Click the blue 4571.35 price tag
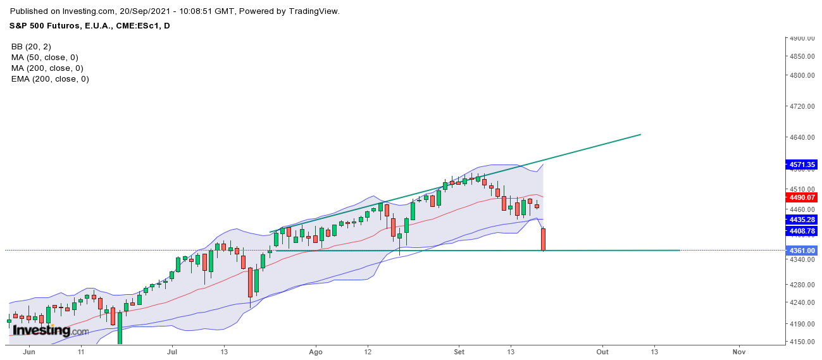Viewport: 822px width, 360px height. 801,164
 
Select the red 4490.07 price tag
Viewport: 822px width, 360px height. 801,197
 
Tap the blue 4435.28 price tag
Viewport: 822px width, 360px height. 801,219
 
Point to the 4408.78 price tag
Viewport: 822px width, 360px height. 801,231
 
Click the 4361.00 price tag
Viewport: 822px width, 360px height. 801,251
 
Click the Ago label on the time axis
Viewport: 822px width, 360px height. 316,351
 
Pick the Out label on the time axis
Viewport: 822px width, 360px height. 602,351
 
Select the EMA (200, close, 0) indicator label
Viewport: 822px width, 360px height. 50,79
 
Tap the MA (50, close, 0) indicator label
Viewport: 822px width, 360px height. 45,58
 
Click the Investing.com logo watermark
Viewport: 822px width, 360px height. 51,330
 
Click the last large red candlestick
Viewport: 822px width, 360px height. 543,239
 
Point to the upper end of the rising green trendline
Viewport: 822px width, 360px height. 640,134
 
